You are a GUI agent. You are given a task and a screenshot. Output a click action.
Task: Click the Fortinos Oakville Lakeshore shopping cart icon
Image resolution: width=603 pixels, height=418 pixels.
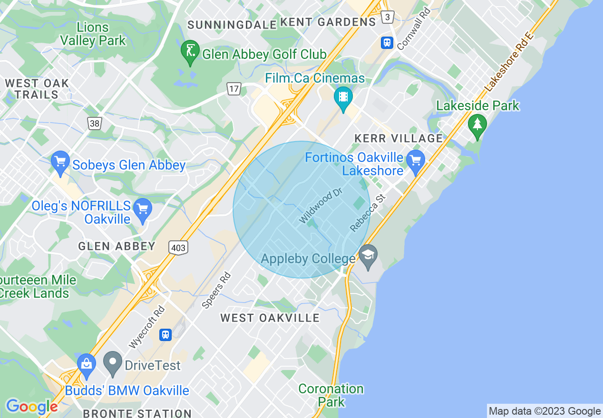click(x=416, y=161)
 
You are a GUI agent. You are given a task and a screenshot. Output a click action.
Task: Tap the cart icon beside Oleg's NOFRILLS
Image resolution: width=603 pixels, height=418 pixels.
click(x=142, y=209)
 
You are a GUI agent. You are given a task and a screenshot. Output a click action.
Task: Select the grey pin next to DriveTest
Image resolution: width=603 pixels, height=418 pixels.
click(x=113, y=362)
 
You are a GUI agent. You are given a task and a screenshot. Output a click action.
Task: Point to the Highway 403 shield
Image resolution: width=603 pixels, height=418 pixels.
click(x=178, y=247)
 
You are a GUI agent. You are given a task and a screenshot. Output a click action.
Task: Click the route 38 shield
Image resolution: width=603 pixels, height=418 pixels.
click(x=94, y=123)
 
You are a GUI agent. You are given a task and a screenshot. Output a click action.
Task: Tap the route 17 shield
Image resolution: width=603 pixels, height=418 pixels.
click(x=233, y=88)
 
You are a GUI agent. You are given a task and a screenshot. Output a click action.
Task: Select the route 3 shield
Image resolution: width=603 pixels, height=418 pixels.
click(x=388, y=18)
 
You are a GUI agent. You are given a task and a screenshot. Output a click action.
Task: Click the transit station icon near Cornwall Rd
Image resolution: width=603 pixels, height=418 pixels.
click(x=387, y=43)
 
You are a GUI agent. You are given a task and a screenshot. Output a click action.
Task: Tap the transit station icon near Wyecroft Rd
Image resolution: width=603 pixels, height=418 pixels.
click(x=165, y=334)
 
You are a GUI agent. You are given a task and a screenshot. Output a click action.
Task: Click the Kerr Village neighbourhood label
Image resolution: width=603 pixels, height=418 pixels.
click(x=399, y=138)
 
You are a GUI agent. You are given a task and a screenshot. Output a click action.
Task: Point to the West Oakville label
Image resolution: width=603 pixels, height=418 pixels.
click(x=270, y=318)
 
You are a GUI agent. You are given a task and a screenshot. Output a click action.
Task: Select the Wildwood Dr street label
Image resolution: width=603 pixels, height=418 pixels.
click(x=321, y=205)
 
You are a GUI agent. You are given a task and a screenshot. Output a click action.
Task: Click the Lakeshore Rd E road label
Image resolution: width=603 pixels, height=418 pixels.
click(x=509, y=62)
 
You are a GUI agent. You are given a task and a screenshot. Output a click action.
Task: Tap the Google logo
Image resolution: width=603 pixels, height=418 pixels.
click(x=31, y=407)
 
